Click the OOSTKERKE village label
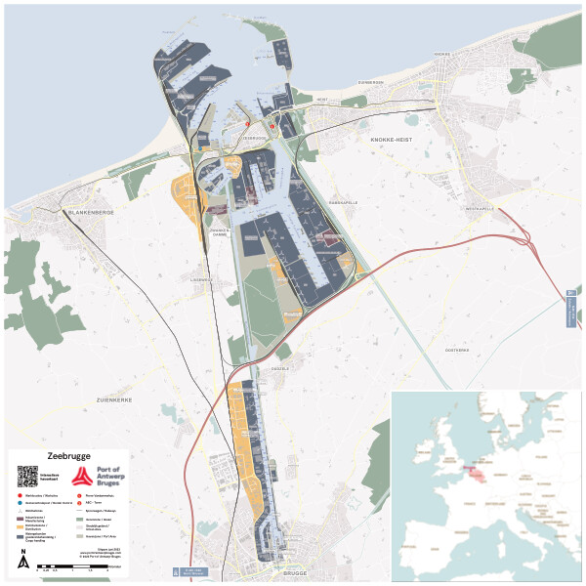pos(457,349)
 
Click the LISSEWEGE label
pos(201,279)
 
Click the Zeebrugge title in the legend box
pos(66,456)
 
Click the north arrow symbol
pos(23,560)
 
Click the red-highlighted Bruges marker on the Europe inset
pos(473,470)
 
